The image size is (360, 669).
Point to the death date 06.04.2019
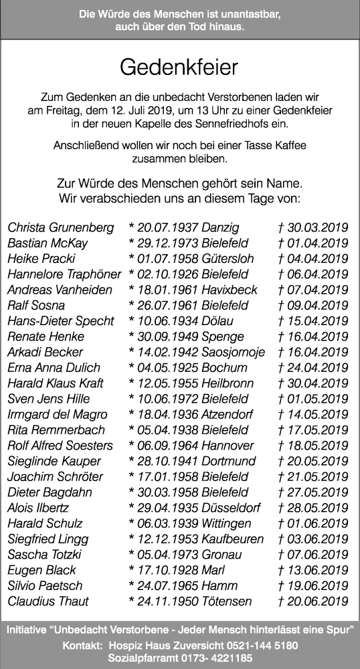(317, 274)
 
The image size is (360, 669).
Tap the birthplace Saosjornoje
(233, 353)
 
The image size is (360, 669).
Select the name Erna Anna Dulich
(54, 368)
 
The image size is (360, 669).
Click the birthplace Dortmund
(228, 461)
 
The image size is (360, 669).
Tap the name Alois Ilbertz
(38, 508)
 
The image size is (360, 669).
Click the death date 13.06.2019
(317, 570)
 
